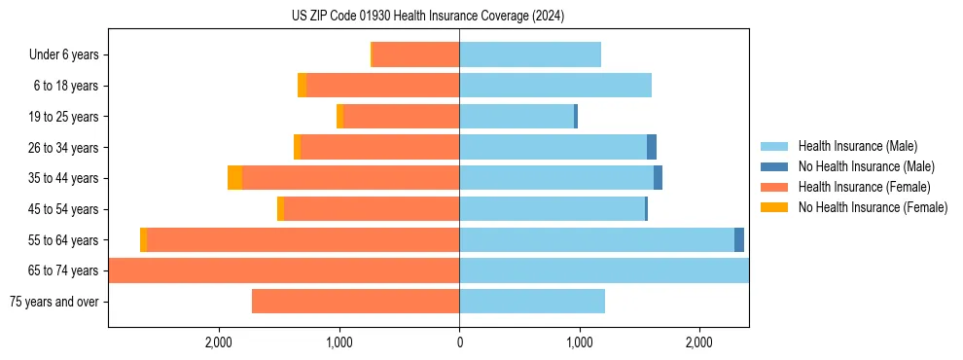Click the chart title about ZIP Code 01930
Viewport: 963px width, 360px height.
click(428, 16)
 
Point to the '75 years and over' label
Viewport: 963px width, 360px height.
click(53, 302)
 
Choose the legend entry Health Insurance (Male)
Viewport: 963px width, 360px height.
click(855, 146)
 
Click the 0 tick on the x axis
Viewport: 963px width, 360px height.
click(459, 342)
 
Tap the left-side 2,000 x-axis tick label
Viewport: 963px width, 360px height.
click(219, 342)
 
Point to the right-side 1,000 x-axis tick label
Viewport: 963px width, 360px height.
click(579, 342)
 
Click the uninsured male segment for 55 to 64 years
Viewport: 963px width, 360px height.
click(739, 239)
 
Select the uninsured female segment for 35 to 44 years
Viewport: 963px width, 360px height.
click(234, 178)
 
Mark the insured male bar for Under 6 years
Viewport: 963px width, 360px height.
click(530, 55)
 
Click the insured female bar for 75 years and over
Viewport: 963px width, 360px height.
click(355, 302)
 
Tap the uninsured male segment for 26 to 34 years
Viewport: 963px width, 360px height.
click(652, 147)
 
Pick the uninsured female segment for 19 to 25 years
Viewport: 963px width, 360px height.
click(339, 117)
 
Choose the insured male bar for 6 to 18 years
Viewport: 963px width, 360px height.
click(555, 86)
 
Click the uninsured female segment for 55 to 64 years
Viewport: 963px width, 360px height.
click(143, 239)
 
